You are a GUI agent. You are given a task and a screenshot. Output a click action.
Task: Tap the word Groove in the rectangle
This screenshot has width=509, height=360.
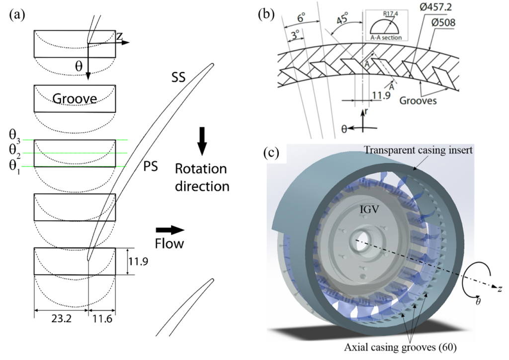[75, 98]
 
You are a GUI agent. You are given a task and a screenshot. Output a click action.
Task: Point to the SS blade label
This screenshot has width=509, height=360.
[177, 77]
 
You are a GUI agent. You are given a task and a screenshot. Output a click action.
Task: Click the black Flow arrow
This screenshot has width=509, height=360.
[170, 230]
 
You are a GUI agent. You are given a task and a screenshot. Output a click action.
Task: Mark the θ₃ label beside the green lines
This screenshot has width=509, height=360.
[14, 135]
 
